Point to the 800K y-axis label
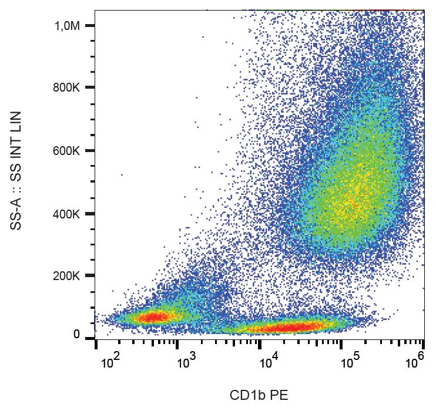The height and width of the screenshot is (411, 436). [66, 88]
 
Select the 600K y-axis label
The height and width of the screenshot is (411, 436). [66, 151]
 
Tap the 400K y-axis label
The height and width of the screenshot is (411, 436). [66, 214]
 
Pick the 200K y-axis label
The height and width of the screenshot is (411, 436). [66, 276]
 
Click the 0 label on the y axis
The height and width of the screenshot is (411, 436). [76, 335]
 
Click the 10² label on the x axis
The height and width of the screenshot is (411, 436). [110, 362]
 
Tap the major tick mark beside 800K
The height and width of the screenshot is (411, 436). [90, 88]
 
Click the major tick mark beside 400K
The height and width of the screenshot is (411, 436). [90, 214]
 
